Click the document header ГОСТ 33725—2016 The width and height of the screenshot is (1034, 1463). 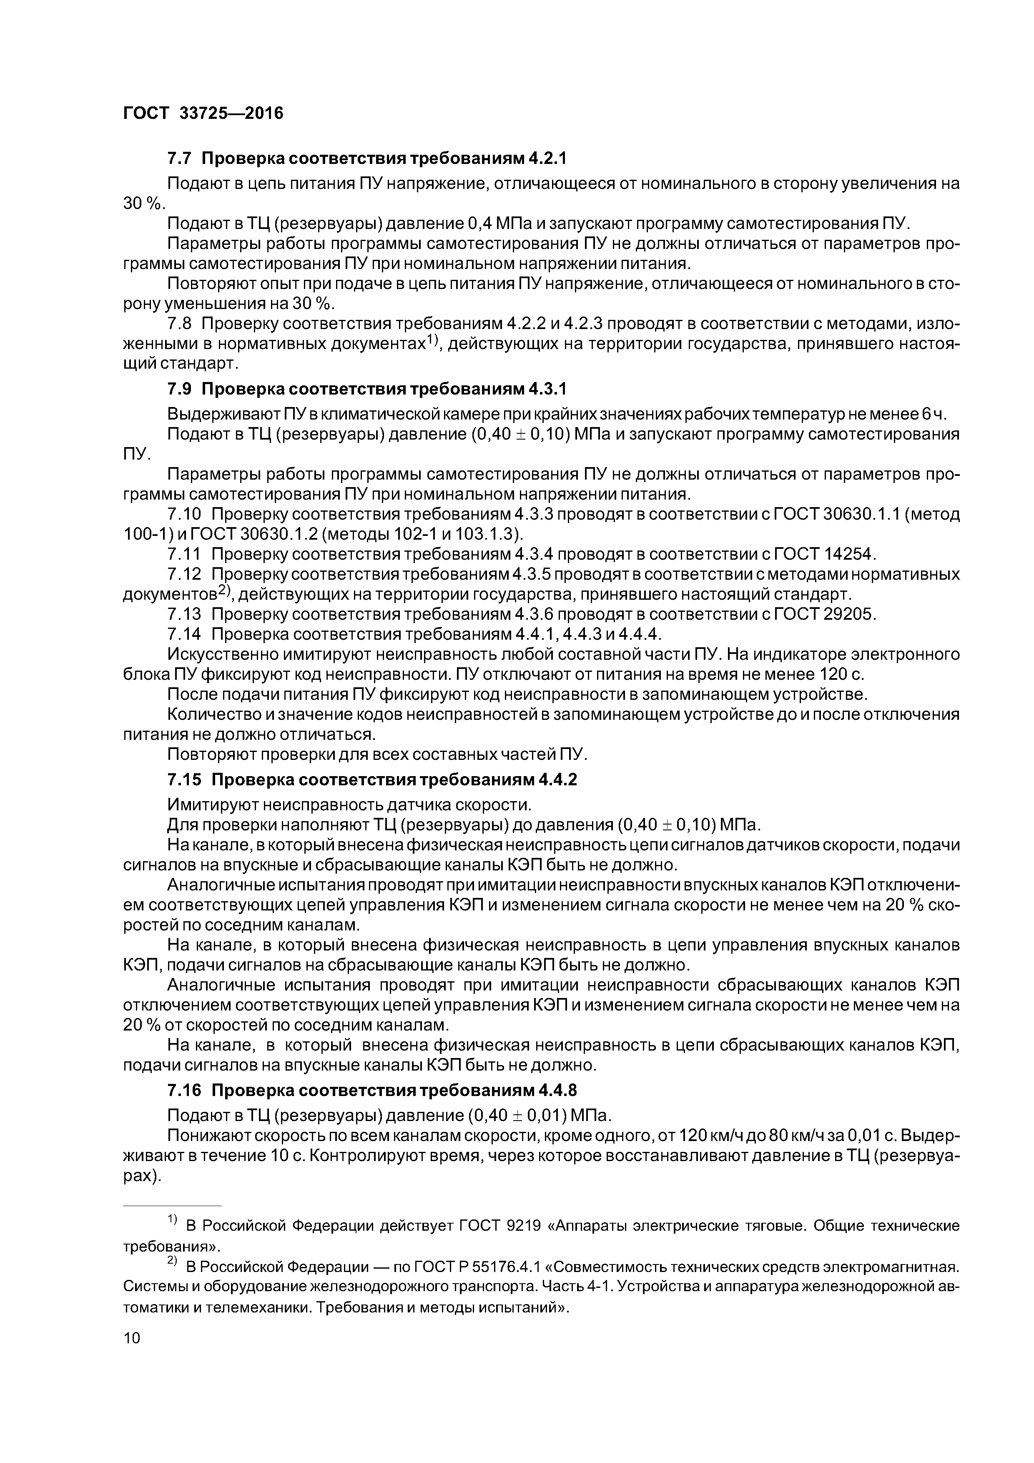pyautogui.click(x=203, y=113)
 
